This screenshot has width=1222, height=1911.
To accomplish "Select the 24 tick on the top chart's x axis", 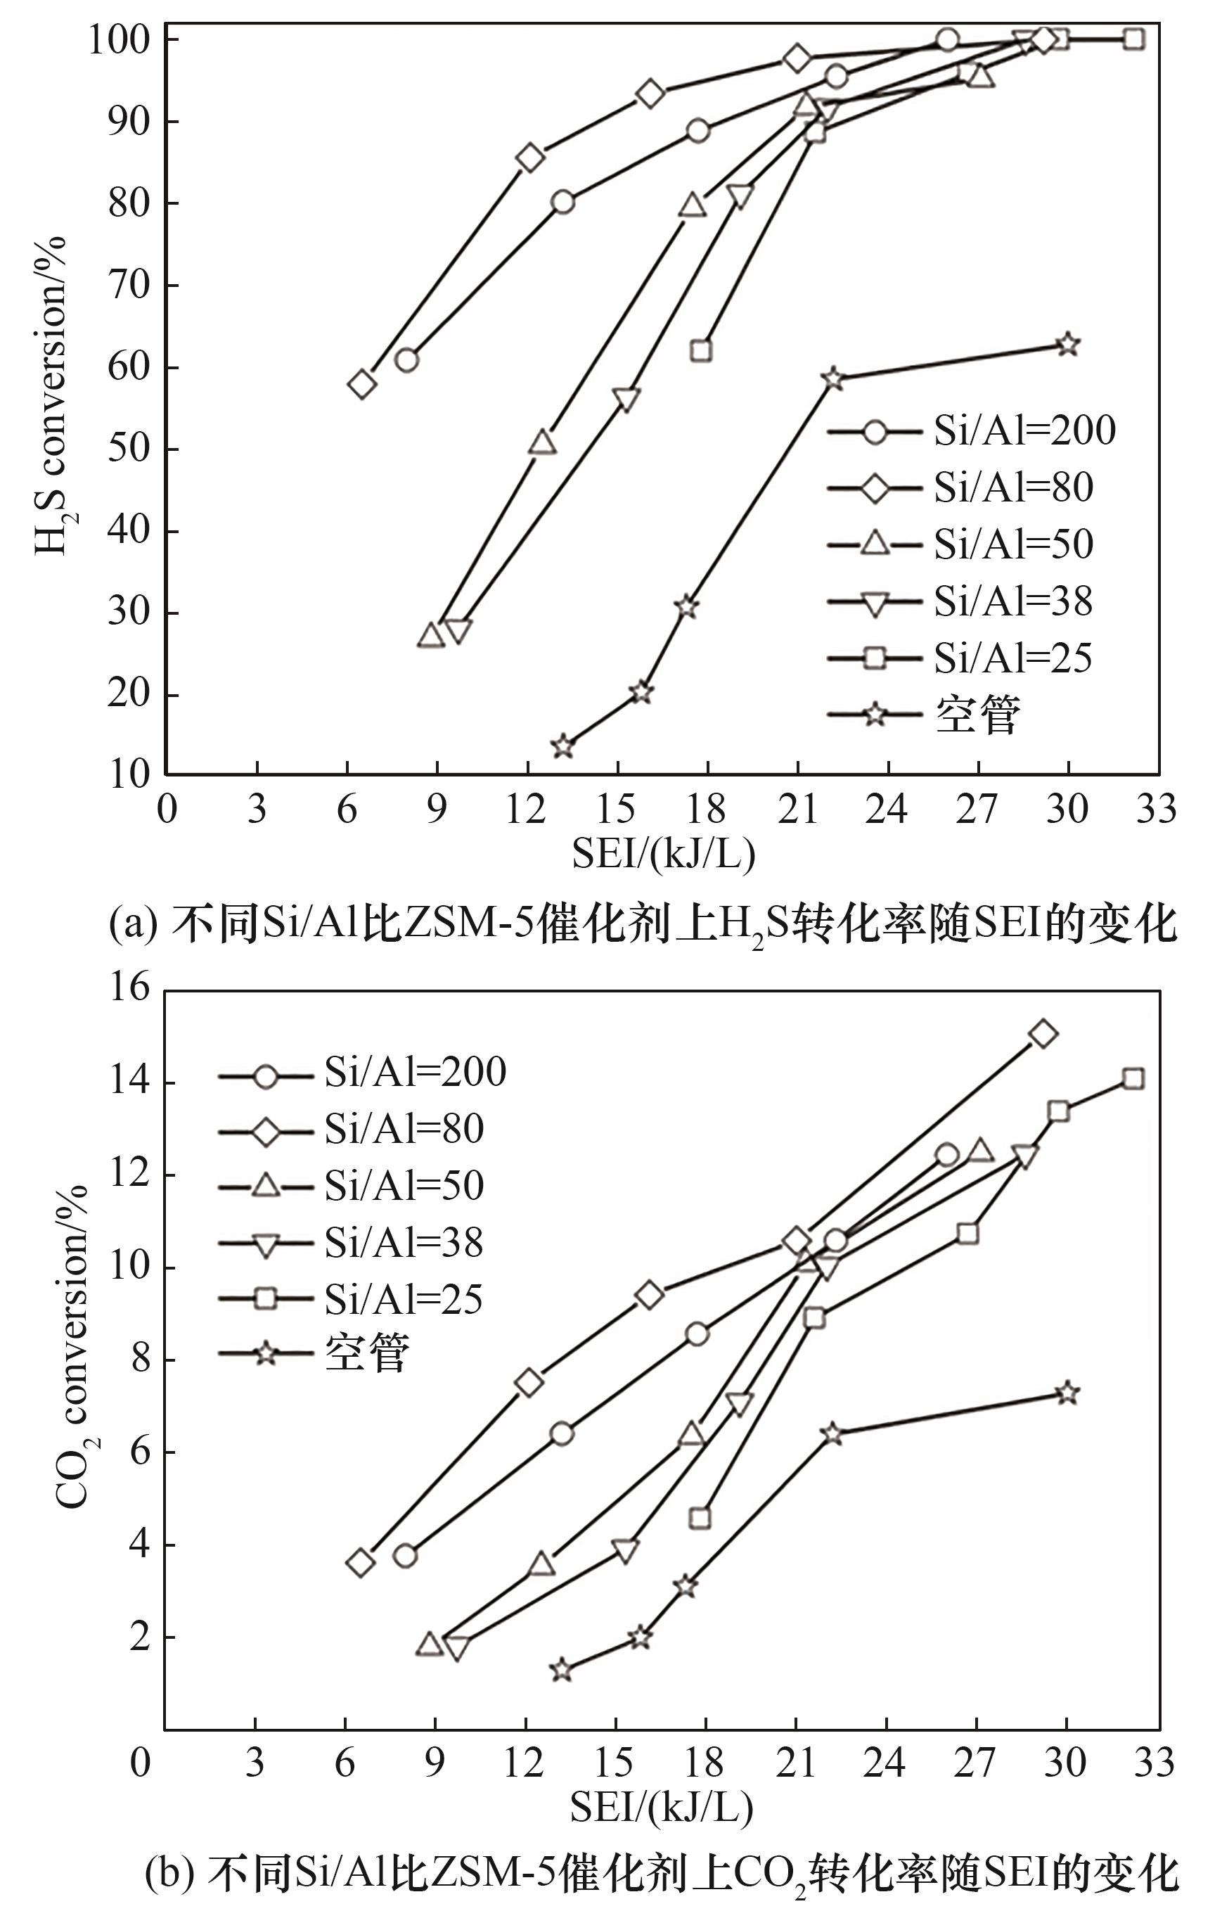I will point(887,810).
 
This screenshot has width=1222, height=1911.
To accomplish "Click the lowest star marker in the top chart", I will point(562,747).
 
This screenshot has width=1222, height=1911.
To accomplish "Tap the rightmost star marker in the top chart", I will point(1068,345).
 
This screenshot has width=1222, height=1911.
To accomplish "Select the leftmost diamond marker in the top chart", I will point(362,385).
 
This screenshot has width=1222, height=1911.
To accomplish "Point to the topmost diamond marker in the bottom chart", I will point(1043,1033).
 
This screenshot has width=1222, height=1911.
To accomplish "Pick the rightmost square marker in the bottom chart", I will point(1133,1078).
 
